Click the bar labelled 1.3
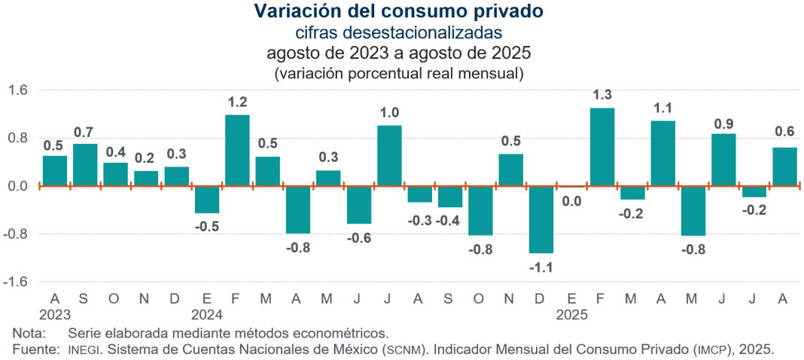point(602,147)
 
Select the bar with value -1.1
point(541,219)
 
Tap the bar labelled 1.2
point(237,150)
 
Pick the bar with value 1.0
point(389,155)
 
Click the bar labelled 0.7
point(85,164)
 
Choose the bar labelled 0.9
point(723,160)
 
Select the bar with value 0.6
point(784,166)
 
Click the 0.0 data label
point(571,201)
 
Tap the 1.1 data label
point(662,108)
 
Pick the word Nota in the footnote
point(28,332)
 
